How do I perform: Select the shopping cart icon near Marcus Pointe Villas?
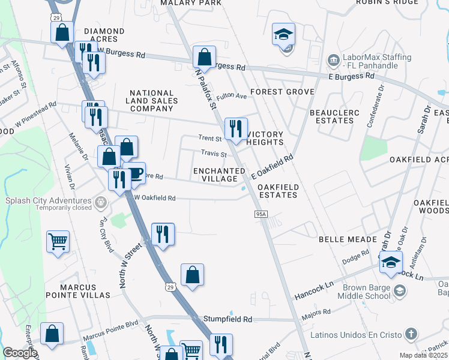click(58, 242)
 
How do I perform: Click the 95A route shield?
click(261, 214)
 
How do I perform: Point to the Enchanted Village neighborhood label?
click(218, 175)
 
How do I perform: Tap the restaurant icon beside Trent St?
click(235, 128)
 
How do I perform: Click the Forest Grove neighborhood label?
click(282, 92)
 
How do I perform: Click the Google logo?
click(19, 353)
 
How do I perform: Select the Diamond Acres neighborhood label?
click(104, 35)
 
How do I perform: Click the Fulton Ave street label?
click(232, 96)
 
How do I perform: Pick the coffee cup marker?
click(134, 173)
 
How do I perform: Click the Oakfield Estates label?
click(277, 191)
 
